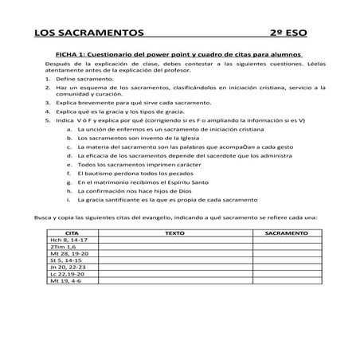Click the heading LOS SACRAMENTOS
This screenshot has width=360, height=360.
[x=88, y=34]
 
